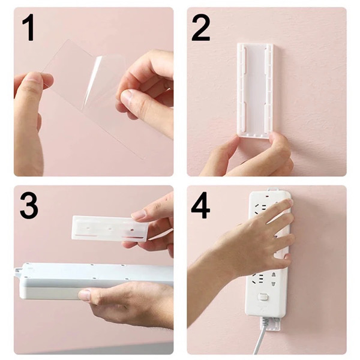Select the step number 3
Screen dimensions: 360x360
tap(29, 205)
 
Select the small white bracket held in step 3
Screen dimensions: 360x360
tap(108, 227)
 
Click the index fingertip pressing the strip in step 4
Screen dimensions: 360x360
tap(289, 206)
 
